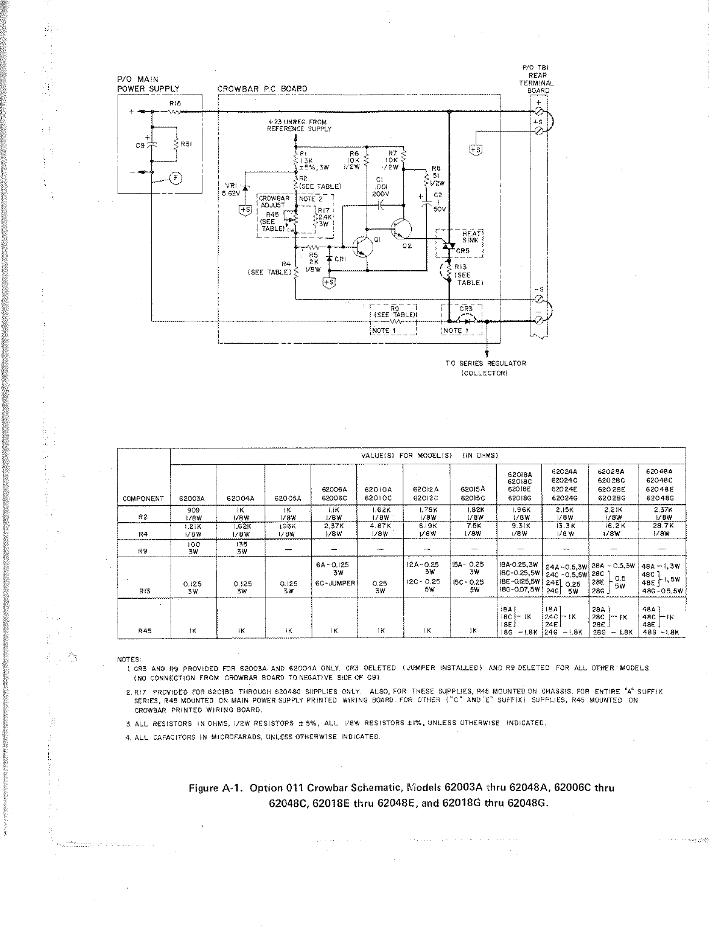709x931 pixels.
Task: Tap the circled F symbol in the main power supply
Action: coord(175,177)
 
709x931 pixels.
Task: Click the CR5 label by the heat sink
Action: coord(462,251)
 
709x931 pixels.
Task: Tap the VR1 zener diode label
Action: coord(231,185)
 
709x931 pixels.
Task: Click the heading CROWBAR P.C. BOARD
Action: coord(262,89)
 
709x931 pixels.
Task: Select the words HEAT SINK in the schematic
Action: coord(470,236)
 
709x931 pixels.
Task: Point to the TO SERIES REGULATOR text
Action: coord(486,363)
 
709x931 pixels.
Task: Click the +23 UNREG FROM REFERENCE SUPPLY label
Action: coord(299,125)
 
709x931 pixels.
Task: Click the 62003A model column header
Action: coord(193,499)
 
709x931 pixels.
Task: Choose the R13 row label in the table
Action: coord(143,592)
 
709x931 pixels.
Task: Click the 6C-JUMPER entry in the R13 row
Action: coord(333,583)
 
